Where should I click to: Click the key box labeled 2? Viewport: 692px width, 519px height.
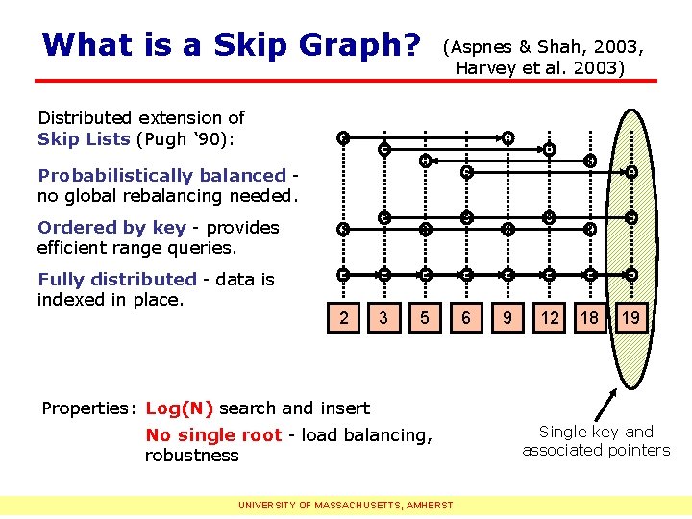click(343, 317)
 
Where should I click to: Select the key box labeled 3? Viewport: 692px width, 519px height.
click(383, 317)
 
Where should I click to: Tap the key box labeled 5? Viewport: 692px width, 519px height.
click(424, 317)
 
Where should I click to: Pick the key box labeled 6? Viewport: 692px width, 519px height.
click(466, 317)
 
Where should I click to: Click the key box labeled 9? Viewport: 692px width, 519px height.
click(507, 317)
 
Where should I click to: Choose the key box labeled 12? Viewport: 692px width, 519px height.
click(549, 317)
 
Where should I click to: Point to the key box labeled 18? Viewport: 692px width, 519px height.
click(590, 317)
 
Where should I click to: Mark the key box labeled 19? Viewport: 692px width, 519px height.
click(630, 317)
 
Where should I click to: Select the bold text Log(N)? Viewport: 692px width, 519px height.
click(179, 408)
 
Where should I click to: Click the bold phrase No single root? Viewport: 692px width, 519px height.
click(212, 435)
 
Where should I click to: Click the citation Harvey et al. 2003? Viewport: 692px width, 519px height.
click(539, 68)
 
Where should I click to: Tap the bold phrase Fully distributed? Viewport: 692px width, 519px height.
click(116, 280)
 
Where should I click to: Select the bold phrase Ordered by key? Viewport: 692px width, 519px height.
click(111, 228)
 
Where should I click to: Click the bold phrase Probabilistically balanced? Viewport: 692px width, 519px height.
click(161, 176)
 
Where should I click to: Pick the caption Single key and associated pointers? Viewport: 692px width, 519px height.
click(596, 441)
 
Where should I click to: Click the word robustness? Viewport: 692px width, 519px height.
click(191, 456)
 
